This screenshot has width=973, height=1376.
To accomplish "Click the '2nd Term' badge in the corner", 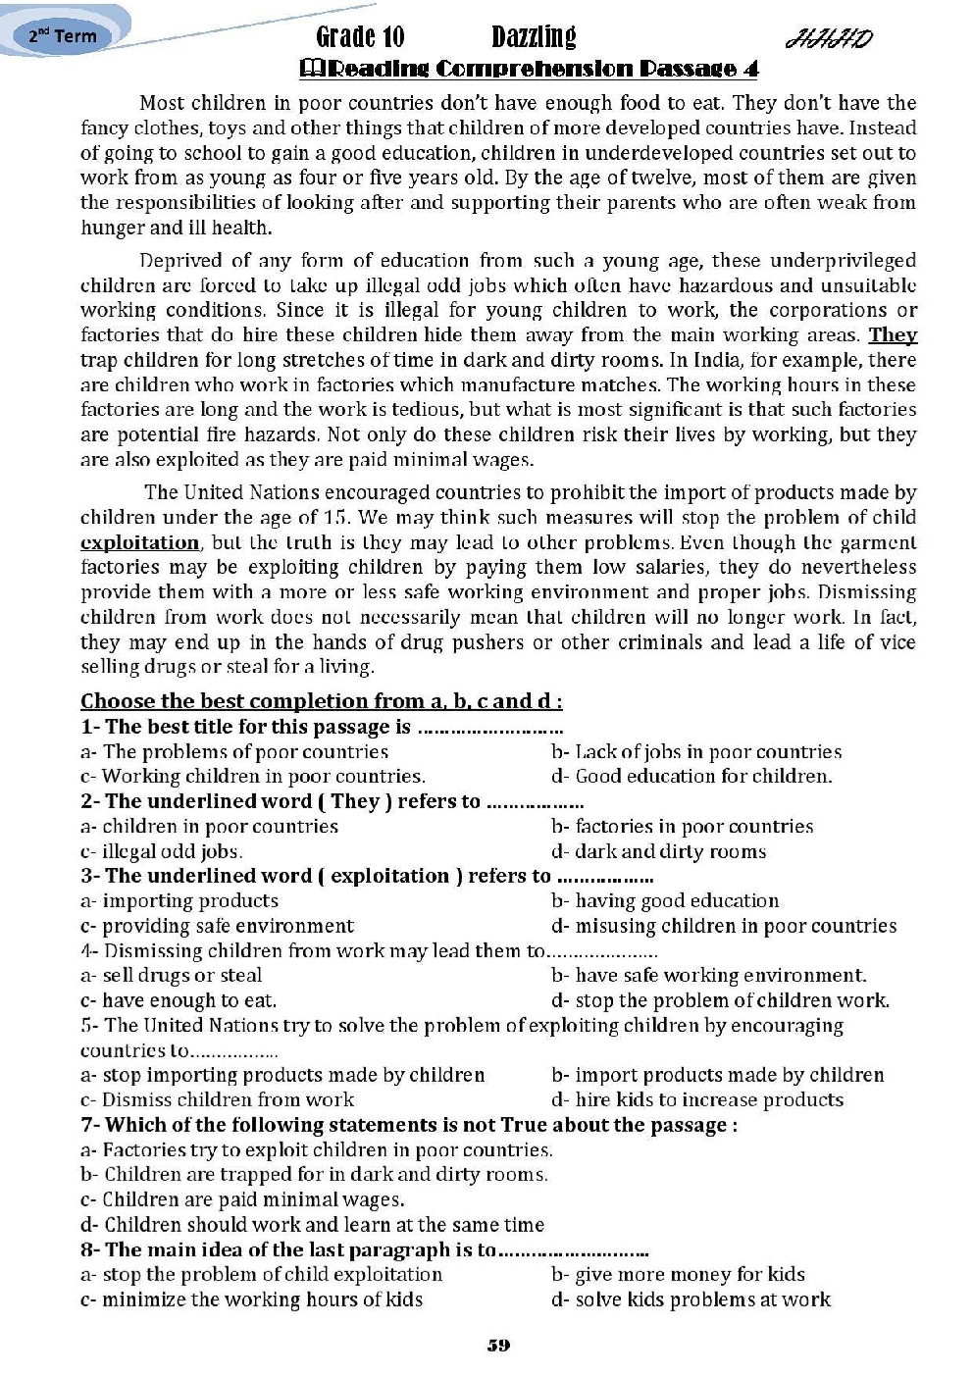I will point(63,36).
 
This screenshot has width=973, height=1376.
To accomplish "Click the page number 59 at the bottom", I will point(498,1345).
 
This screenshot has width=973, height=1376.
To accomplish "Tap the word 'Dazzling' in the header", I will point(534,37).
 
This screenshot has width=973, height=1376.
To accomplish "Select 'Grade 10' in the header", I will point(360,37).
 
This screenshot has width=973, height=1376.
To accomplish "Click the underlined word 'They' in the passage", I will point(893,335).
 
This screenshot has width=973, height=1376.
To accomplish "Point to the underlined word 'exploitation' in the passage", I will point(139,542).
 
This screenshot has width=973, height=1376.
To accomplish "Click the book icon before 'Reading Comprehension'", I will point(310,68).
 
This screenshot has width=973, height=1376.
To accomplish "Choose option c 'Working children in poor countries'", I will point(253,776).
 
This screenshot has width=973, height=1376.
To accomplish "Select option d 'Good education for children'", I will point(691,776).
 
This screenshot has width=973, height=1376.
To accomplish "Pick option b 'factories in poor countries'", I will point(683,826).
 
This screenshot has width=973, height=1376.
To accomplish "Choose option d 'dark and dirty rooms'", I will point(659,851).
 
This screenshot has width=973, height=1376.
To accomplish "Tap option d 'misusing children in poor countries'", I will point(724,926).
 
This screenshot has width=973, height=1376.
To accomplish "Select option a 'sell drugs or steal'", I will point(172,975).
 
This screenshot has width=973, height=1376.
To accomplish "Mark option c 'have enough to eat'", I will point(179,1000).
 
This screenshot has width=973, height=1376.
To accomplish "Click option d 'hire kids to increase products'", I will point(697,1099).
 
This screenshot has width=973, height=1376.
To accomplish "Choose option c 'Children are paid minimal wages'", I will point(242,1199).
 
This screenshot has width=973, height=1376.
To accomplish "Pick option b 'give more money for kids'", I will point(679,1274).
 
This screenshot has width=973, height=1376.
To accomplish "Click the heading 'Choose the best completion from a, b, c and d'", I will point(321,701).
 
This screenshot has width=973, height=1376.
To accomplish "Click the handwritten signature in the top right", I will point(829,39).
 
